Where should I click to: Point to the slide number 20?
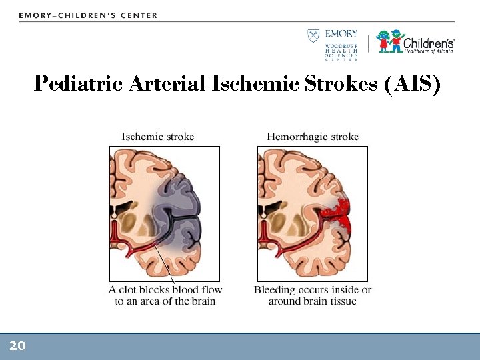point(17,345)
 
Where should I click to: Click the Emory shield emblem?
point(313,35)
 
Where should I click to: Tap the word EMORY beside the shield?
point(341,34)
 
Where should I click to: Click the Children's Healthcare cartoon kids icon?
point(391,41)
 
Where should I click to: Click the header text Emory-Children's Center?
point(88,15)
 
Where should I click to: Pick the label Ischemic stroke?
point(158,137)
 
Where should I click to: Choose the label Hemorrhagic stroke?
point(313,137)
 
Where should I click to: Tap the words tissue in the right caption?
point(341,301)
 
